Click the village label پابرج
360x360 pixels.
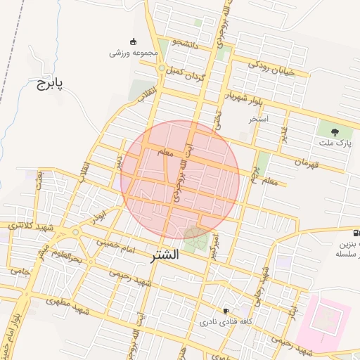[x=49, y=84]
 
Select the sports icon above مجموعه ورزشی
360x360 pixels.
[x=134, y=41]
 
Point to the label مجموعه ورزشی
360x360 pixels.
[x=131, y=53]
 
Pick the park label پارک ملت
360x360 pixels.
[x=334, y=143]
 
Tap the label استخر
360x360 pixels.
[x=259, y=120]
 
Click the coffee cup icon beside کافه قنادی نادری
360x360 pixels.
[x=226, y=310]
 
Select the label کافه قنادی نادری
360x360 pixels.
[x=223, y=321]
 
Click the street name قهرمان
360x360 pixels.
[x=312, y=162]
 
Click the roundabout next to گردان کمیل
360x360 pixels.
[x=162, y=68]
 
